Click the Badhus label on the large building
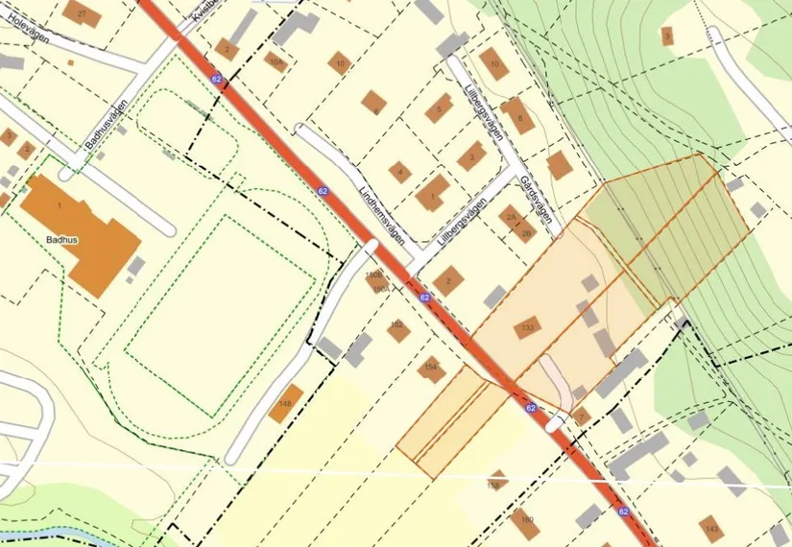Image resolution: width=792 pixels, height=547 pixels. click(x=60, y=231)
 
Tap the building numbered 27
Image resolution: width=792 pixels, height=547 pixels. click(x=83, y=13)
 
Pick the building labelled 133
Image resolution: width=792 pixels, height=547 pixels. click(x=527, y=327)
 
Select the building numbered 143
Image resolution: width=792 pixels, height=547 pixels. click(x=710, y=528)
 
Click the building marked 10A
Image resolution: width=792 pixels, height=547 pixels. click(x=276, y=62)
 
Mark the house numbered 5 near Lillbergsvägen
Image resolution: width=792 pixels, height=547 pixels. click(x=439, y=108)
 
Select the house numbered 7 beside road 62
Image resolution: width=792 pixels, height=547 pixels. click(x=581, y=417)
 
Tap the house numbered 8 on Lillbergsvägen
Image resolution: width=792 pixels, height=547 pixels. click(x=518, y=116)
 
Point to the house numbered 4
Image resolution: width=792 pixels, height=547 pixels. click(x=399, y=173)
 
